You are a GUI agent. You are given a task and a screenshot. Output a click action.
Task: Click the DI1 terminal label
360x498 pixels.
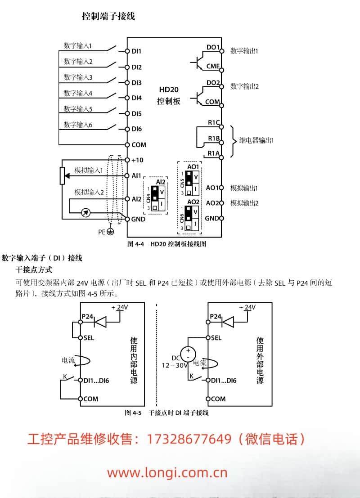pos(136,51)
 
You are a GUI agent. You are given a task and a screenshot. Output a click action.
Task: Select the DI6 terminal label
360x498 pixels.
pos(136,129)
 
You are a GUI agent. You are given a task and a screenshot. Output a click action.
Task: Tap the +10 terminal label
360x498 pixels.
pos(137,160)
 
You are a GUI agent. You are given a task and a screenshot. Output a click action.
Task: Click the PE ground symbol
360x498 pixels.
pos(109,232)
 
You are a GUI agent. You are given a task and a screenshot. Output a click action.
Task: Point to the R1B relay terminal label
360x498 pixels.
pos(213,138)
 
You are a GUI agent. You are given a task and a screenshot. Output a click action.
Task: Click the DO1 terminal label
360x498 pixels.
pos(212,47)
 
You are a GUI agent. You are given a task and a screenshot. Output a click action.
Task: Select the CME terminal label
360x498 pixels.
pos(212,66)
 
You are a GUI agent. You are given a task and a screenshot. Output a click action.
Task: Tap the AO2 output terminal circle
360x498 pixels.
pos(221,203)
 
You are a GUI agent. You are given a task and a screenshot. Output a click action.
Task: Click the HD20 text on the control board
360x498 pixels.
pos(169,90)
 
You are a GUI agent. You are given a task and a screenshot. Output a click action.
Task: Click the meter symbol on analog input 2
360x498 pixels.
pos(86,213)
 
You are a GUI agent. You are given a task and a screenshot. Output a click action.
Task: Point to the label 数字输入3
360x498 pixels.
pos(78,77)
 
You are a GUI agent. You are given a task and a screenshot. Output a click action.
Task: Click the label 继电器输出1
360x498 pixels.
pos(256,140)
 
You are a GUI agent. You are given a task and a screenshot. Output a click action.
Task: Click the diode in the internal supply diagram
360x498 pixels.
pos(100,321)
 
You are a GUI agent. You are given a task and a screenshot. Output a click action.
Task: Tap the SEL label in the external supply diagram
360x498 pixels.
pos(216,338)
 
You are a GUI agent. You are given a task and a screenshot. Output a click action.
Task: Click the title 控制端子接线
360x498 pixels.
pos(108,17)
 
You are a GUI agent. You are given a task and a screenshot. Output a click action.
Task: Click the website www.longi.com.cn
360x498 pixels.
pos(167,473)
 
